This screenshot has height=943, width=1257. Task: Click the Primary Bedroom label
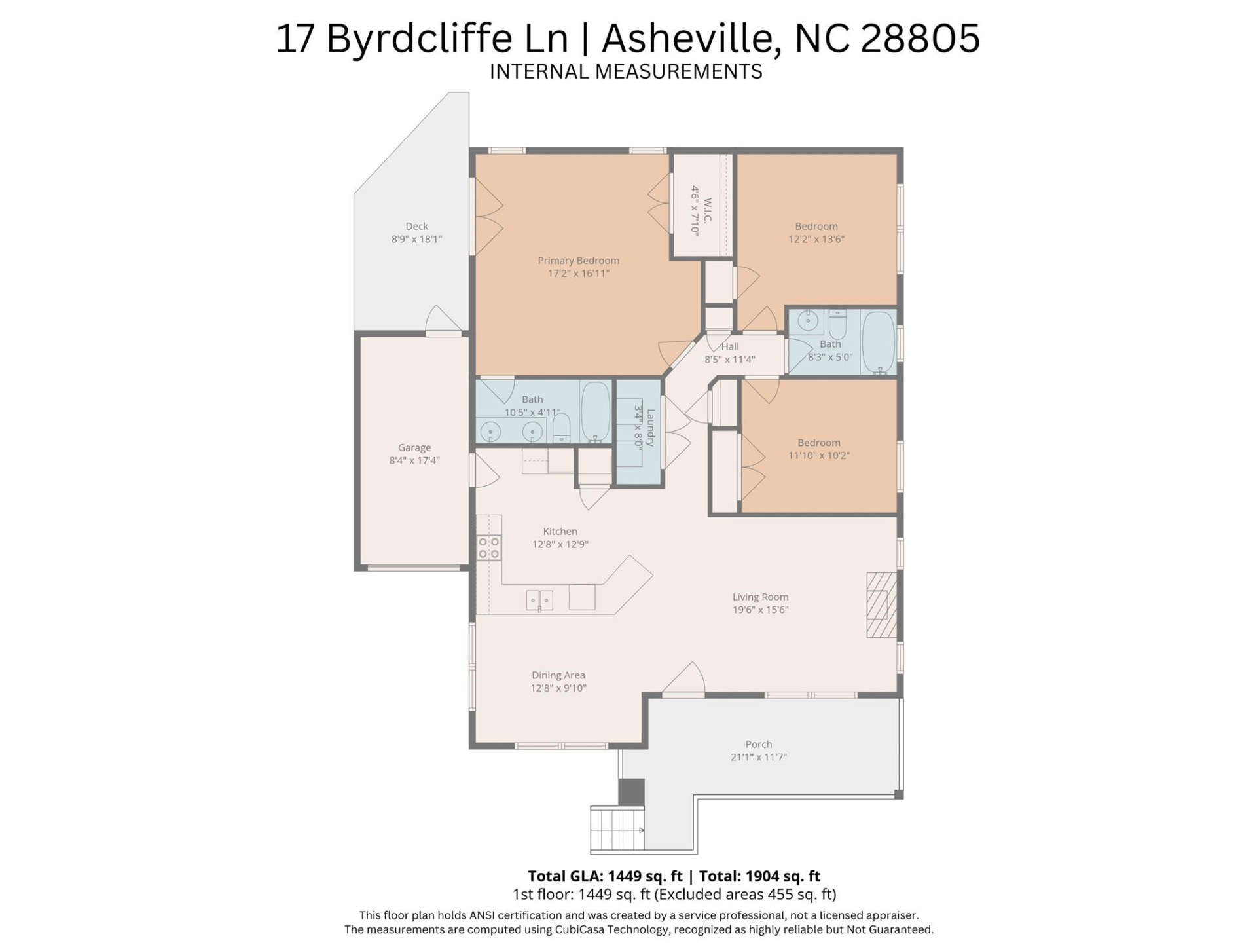click(x=578, y=261)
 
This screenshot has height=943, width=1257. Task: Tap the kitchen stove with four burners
click(x=488, y=547)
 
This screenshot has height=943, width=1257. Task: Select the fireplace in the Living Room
click(x=881, y=604)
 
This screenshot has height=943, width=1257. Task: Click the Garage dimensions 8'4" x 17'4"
click(x=414, y=460)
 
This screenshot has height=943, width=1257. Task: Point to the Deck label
click(x=416, y=227)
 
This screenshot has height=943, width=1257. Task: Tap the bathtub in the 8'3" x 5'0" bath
click(x=878, y=342)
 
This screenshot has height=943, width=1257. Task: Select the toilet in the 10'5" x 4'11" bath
click(x=561, y=429)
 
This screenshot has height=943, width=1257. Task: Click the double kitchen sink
click(x=539, y=599)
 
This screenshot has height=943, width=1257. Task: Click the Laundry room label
click(x=650, y=427)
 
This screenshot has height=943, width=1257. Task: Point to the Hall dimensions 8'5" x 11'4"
click(x=729, y=360)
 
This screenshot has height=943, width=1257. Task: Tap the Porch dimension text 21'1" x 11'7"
click(x=758, y=757)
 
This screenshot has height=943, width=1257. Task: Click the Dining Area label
click(x=558, y=675)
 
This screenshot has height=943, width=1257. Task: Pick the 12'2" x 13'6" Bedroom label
click(x=816, y=227)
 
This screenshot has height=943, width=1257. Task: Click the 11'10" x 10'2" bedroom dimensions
click(x=818, y=456)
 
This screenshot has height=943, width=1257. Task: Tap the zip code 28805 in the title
click(x=920, y=38)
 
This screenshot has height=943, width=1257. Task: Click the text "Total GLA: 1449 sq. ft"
click(x=605, y=876)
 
